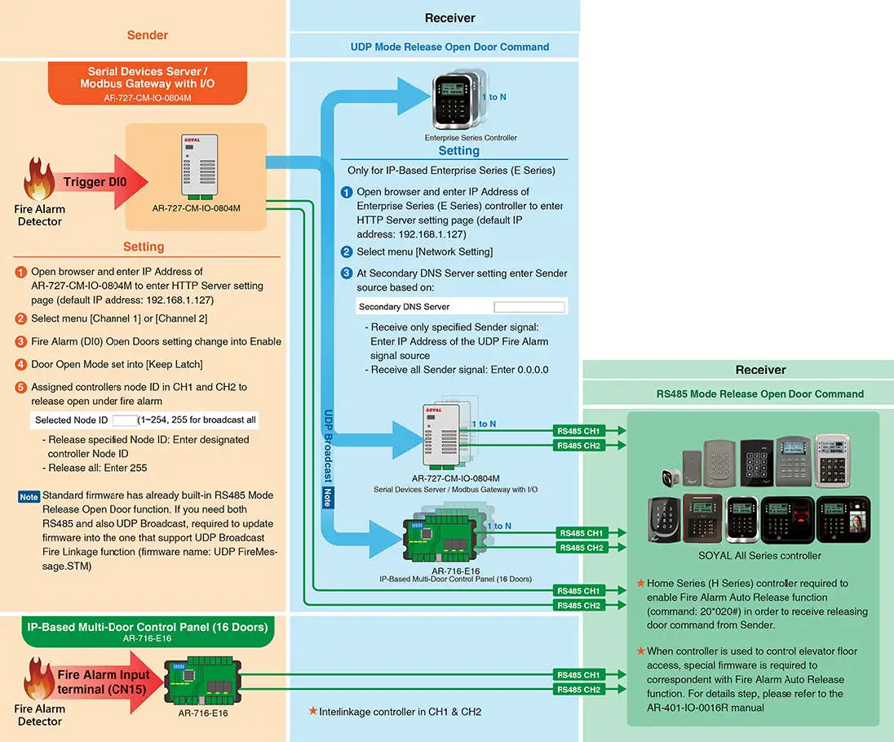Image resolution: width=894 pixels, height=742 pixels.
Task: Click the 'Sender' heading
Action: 148,35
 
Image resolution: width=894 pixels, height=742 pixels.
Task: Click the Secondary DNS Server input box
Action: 529,307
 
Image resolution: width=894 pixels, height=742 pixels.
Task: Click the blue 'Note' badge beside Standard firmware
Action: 29,496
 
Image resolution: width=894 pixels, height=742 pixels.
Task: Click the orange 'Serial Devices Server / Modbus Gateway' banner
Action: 147,83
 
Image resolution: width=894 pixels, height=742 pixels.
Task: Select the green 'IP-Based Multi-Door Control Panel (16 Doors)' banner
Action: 148,631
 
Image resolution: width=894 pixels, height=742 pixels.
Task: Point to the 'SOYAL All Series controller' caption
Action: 759,556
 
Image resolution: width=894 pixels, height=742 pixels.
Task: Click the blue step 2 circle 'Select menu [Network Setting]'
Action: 347,252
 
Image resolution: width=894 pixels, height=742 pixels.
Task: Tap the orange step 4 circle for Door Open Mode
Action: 21,364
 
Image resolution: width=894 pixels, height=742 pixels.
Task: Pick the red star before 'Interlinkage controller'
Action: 312,711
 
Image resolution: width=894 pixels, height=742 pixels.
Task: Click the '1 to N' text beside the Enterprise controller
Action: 498,97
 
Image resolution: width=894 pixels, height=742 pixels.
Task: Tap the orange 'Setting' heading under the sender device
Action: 144,247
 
